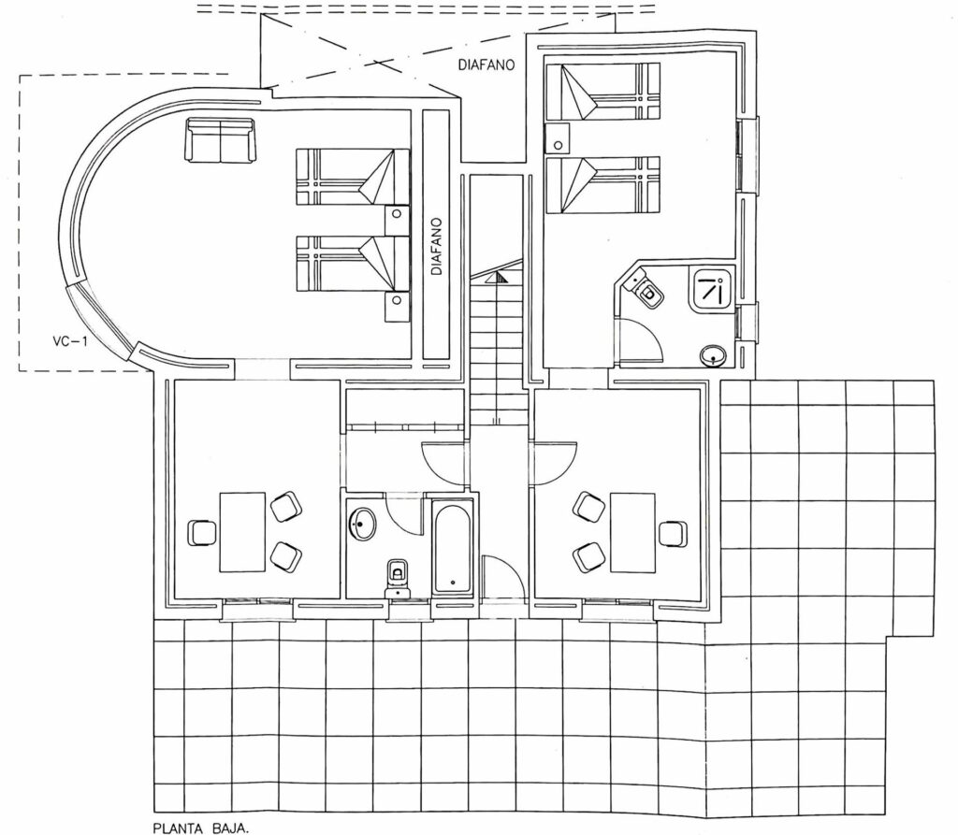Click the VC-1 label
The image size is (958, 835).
coord(69,341)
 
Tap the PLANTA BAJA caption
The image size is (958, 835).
coord(200,828)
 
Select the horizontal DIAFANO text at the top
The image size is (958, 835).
coord(486,65)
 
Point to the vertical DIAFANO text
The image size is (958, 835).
coord(436,246)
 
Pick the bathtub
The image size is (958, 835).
coord(453,547)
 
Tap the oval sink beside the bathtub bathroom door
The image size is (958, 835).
coord(362,524)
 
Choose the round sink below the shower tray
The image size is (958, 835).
coord(714,355)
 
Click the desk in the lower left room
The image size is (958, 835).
coord(242,532)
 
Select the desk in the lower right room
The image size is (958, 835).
coord(632,533)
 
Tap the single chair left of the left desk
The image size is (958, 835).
coord(203,532)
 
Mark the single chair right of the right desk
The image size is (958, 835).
coord(672,533)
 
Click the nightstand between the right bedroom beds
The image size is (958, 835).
coord(558,137)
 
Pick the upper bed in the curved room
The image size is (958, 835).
coord(353,177)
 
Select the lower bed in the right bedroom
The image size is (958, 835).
coord(602,185)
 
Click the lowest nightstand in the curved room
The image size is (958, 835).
coord(397,307)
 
